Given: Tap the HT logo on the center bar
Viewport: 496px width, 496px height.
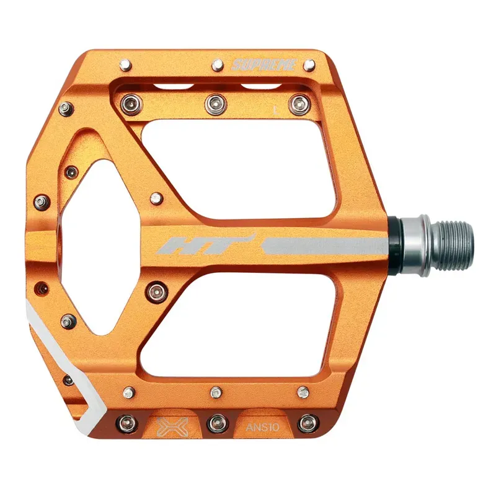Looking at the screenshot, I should (x=206, y=244).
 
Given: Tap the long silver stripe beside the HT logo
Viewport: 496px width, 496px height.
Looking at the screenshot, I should (x=322, y=244).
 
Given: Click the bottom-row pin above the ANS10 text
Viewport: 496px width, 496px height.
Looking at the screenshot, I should (x=303, y=392).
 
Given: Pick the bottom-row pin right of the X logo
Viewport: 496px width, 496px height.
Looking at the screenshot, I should (x=215, y=423).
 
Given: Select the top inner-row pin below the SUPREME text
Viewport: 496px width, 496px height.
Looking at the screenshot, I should (x=299, y=102).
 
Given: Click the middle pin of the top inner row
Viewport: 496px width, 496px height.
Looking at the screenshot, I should (x=215, y=102).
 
